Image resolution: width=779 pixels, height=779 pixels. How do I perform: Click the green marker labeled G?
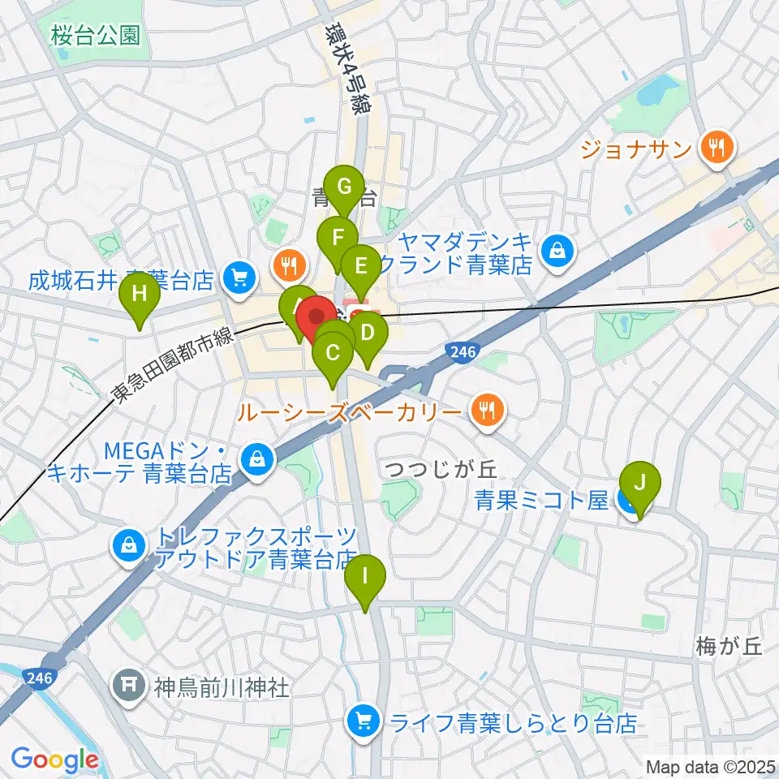click(344, 188)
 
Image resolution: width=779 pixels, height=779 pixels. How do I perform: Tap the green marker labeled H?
click(140, 294)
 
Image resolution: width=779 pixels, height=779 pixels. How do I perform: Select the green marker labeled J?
click(639, 483)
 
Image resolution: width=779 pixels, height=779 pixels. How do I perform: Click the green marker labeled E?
click(359, 265)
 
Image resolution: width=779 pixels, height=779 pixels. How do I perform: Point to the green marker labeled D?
click(368, 332)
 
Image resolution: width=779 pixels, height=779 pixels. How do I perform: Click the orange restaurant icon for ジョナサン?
click(718, 147)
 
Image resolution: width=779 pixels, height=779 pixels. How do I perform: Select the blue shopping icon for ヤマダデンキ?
click(558, 252)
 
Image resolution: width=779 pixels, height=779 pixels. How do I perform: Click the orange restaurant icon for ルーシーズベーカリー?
click(486, 411)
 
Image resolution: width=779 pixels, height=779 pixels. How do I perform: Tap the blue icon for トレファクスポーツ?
click(130, 547)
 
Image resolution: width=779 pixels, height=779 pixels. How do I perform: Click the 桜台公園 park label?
click(94, 35)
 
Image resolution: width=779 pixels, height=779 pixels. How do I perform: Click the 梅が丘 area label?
click(729, 647)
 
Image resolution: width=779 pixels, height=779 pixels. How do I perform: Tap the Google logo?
click(54, 760)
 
